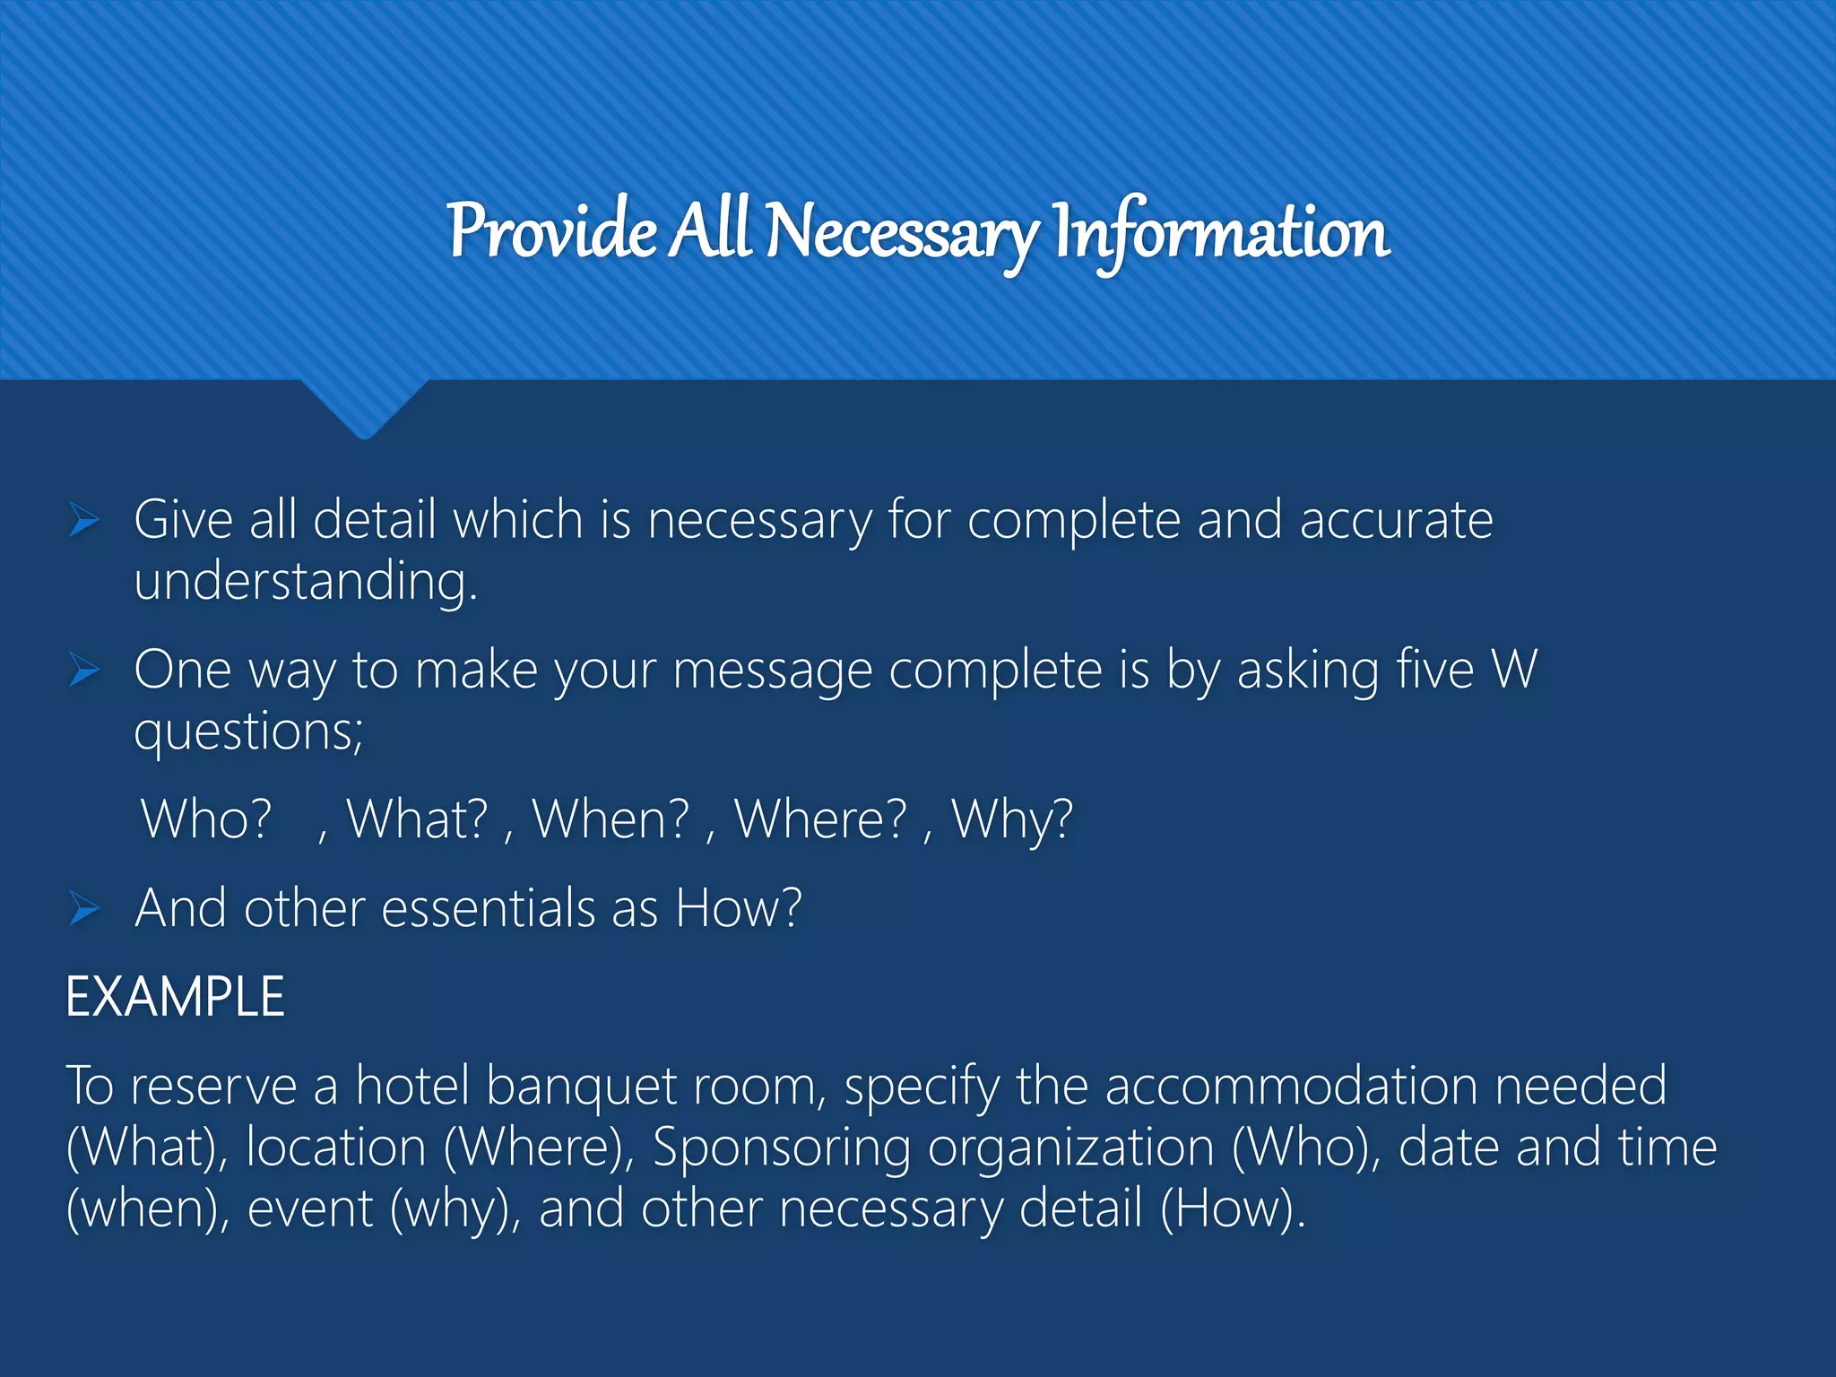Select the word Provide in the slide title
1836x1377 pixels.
tap(552, 231)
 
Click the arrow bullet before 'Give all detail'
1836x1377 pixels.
tap(84, 520)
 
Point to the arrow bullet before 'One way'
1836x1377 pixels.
tap(84, 670)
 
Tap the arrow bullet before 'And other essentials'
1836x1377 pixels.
tap(84, 909)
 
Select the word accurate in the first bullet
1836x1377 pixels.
tap(1396, 521)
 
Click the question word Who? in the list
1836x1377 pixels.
tap(206, 819)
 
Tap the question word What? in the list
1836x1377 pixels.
tap(418, 819)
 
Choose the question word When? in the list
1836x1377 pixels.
tap(611, 819)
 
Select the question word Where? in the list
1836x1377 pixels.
tap(820, 819)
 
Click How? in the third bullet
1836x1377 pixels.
tap(738, 909)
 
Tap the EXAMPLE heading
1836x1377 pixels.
tap(176, 997)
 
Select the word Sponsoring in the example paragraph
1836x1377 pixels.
tap(781, 1148)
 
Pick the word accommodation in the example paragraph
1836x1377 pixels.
tap(1291, 1087)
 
